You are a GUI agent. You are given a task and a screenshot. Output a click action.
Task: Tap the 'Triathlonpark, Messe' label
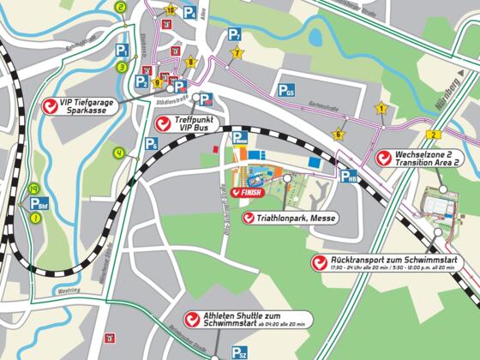coord(288,219)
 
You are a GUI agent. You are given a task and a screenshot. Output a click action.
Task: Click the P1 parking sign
coord(123,51)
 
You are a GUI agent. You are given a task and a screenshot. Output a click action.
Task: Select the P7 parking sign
coord(234,35)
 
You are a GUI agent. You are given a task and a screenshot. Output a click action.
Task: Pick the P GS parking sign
coord(285,89)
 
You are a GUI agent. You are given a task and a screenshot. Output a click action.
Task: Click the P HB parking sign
coord(348,177)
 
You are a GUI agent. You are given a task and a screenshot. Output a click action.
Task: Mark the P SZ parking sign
coord(239,351)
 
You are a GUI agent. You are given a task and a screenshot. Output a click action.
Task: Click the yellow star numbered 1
coord(381,109)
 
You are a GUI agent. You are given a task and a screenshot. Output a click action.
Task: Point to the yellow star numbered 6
coord(339,134)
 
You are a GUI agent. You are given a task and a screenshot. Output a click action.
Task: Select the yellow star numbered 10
coord(171,10)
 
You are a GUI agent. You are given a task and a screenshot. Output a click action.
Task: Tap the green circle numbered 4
coord(119,153)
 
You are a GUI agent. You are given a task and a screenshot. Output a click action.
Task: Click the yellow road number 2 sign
coord(435,135)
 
